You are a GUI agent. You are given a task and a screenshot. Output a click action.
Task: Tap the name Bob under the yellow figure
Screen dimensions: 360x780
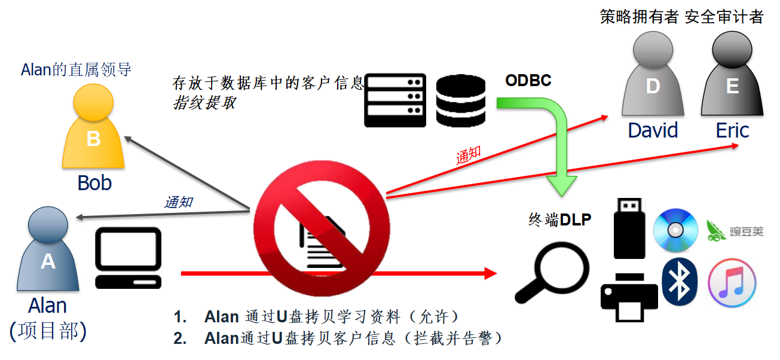pyautogui.click(x=94, y=183)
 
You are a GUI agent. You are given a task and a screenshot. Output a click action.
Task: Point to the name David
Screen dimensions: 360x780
pyautogui.click(x=653, y=130)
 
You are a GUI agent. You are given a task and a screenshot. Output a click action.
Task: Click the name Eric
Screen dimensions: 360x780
pyautogui.click(x=732, y=130)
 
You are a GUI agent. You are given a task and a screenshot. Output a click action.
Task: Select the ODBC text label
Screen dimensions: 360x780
pyautogui.click(x=528, y=81)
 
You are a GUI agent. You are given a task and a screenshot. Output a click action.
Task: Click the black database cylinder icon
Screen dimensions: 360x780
pyautogui.click(x=461, y=100)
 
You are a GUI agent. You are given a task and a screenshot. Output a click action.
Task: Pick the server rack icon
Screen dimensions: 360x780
pyautogui.click(x=395, y=100)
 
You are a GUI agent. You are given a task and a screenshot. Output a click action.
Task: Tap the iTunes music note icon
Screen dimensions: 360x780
pyautogui.click(x=732, y=283)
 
